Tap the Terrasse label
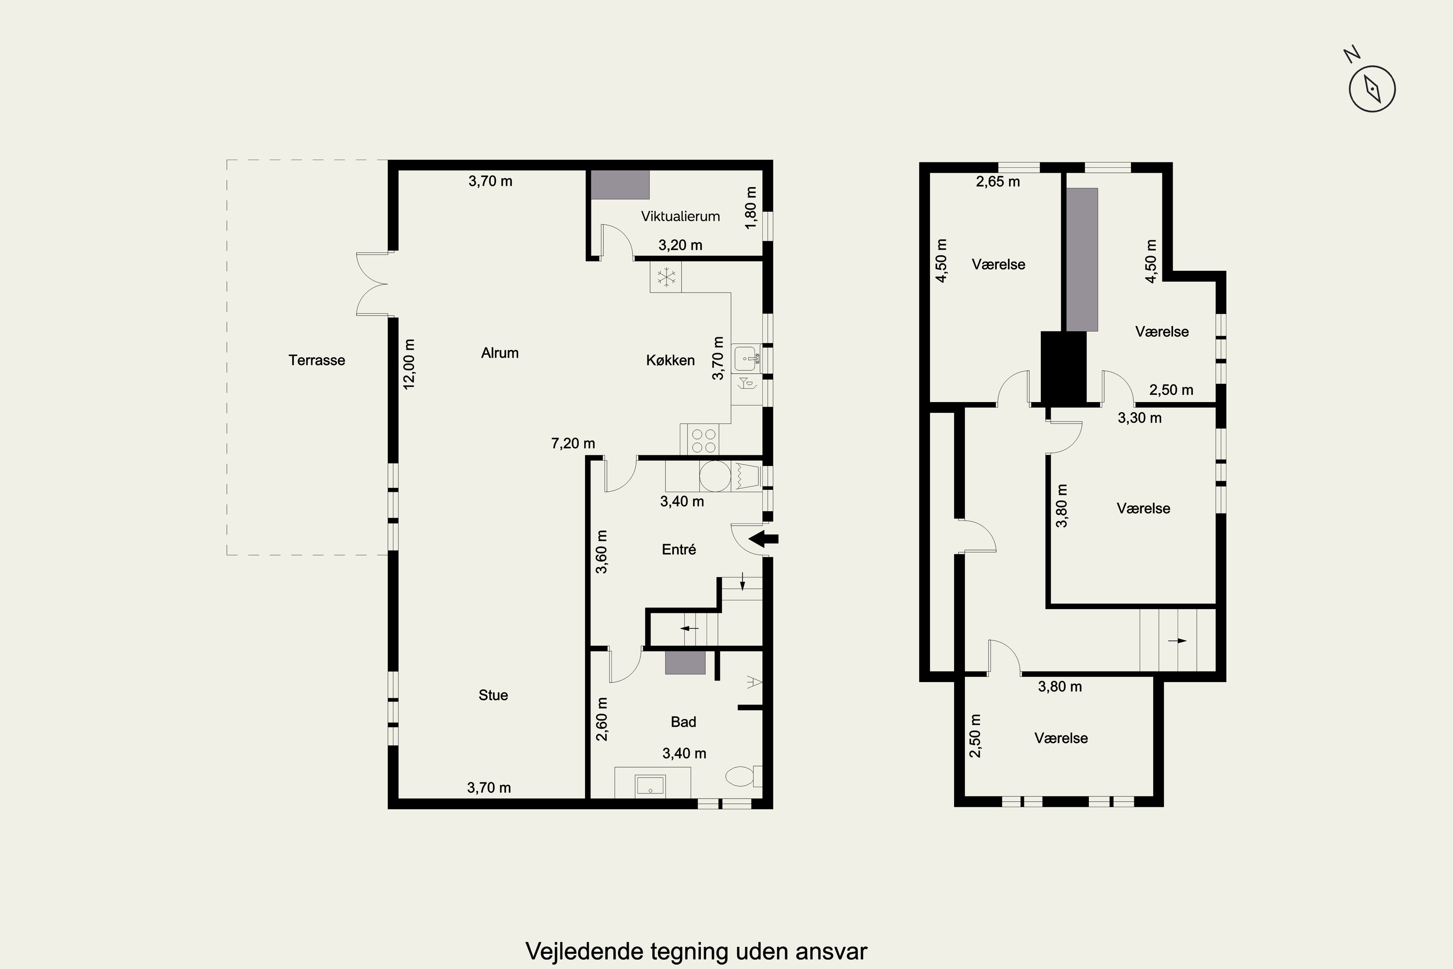(316, 360)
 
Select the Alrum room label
(500, 353)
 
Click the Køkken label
(670, 360)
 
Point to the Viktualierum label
(680, 216)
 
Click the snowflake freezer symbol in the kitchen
(666, 277)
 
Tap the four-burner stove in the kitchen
(704, 440)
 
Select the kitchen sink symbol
(747, 359)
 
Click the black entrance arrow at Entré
(764, 538)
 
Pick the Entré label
(679, 549)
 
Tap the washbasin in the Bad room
(650, 785)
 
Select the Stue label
(493, 695)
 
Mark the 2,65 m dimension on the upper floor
(998, 182)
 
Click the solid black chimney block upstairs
(1063, 368)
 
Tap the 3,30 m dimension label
(1140, 418)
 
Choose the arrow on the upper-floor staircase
(1177, 641)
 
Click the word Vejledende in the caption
(584, 952)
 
